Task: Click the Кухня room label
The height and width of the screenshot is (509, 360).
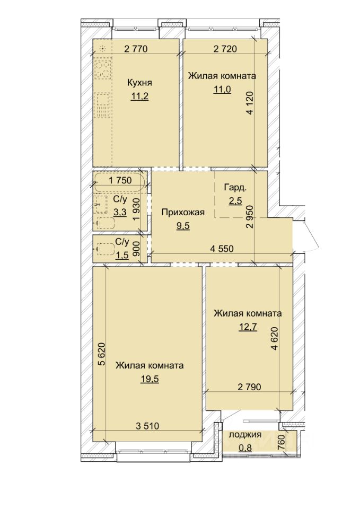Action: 139,83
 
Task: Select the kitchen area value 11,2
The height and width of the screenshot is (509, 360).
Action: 139,96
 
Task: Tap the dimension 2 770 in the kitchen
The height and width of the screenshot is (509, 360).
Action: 136,49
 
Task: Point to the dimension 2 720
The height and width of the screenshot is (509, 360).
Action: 225,49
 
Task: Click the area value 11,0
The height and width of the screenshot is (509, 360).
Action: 222,89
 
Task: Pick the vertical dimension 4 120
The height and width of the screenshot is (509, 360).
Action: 250,102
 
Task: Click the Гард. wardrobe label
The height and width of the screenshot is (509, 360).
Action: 235,187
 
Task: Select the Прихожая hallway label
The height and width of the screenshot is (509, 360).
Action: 183,212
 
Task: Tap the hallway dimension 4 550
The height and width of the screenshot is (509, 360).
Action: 222,249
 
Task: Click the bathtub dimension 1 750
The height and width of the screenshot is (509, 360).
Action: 120,180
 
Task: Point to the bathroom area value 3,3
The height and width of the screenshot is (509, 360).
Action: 120,212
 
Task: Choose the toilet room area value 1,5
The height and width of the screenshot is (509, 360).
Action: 122,255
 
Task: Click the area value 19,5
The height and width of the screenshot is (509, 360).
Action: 150,379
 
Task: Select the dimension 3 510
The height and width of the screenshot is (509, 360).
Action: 147,426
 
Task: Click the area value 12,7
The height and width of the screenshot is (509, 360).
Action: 248,327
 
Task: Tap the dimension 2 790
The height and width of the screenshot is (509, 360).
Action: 249,387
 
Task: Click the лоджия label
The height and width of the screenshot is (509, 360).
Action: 245,435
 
